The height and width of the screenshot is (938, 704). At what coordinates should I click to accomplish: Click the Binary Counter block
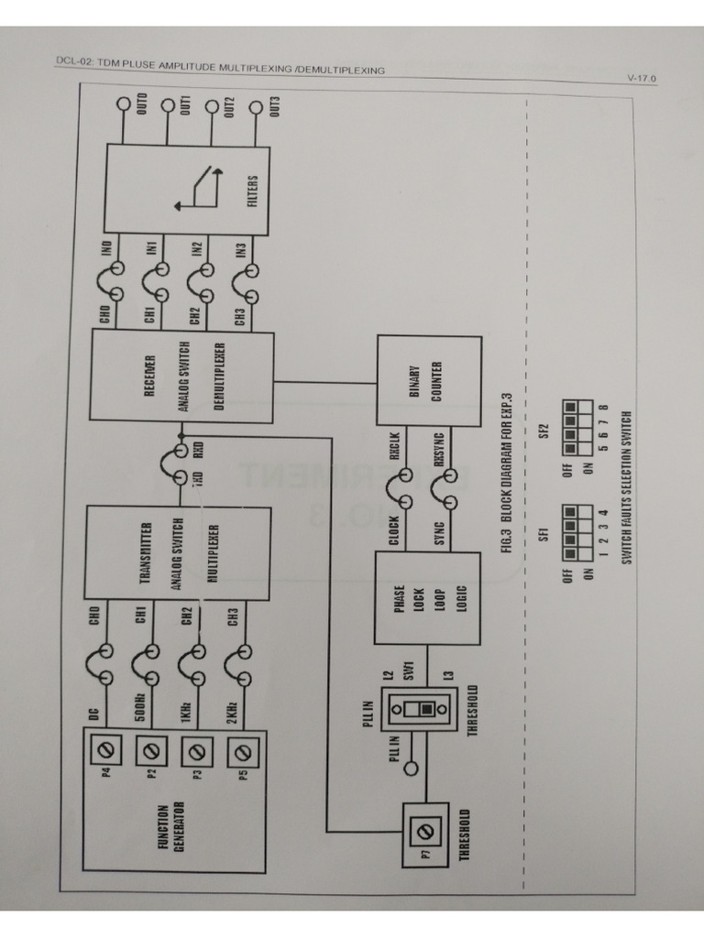pos(429,381)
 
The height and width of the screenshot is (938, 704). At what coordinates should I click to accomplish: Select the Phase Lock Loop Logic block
pos(427,598)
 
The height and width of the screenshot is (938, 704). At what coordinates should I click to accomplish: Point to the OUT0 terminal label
pos(142,104)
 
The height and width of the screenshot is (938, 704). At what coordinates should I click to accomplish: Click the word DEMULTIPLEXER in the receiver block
pos(220,376)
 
